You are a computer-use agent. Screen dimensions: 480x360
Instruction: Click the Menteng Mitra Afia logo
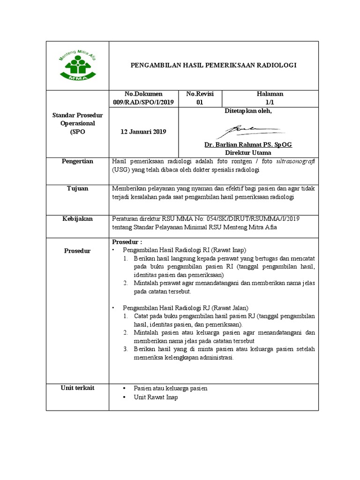(x=77, y=66)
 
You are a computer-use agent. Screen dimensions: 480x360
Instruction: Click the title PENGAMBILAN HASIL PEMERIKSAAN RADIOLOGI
(x=213, y=65)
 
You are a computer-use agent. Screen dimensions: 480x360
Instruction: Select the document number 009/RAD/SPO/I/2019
(x=144, y=103)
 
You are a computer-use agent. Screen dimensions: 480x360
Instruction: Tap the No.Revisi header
(x=200, y=94)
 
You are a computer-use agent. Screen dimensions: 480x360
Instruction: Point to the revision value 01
(x=200, y=103)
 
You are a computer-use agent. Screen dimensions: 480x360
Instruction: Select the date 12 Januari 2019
(x=143, y=132)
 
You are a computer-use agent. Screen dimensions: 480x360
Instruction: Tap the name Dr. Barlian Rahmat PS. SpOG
(x=248, y=144)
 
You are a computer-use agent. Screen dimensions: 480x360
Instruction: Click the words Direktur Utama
(x=248, y=153)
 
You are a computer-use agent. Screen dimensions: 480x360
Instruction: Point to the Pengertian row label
(x=78, y=161)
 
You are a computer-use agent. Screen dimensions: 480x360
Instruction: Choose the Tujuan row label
(x=78, y=188)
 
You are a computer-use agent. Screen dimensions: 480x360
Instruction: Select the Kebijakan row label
(x=78, y=219)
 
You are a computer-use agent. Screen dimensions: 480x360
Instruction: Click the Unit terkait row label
(x=78, y=388)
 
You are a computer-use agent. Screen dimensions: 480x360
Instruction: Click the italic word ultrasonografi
(x=295, y=161)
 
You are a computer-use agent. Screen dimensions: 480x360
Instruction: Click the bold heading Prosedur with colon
(x=127, y=242)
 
